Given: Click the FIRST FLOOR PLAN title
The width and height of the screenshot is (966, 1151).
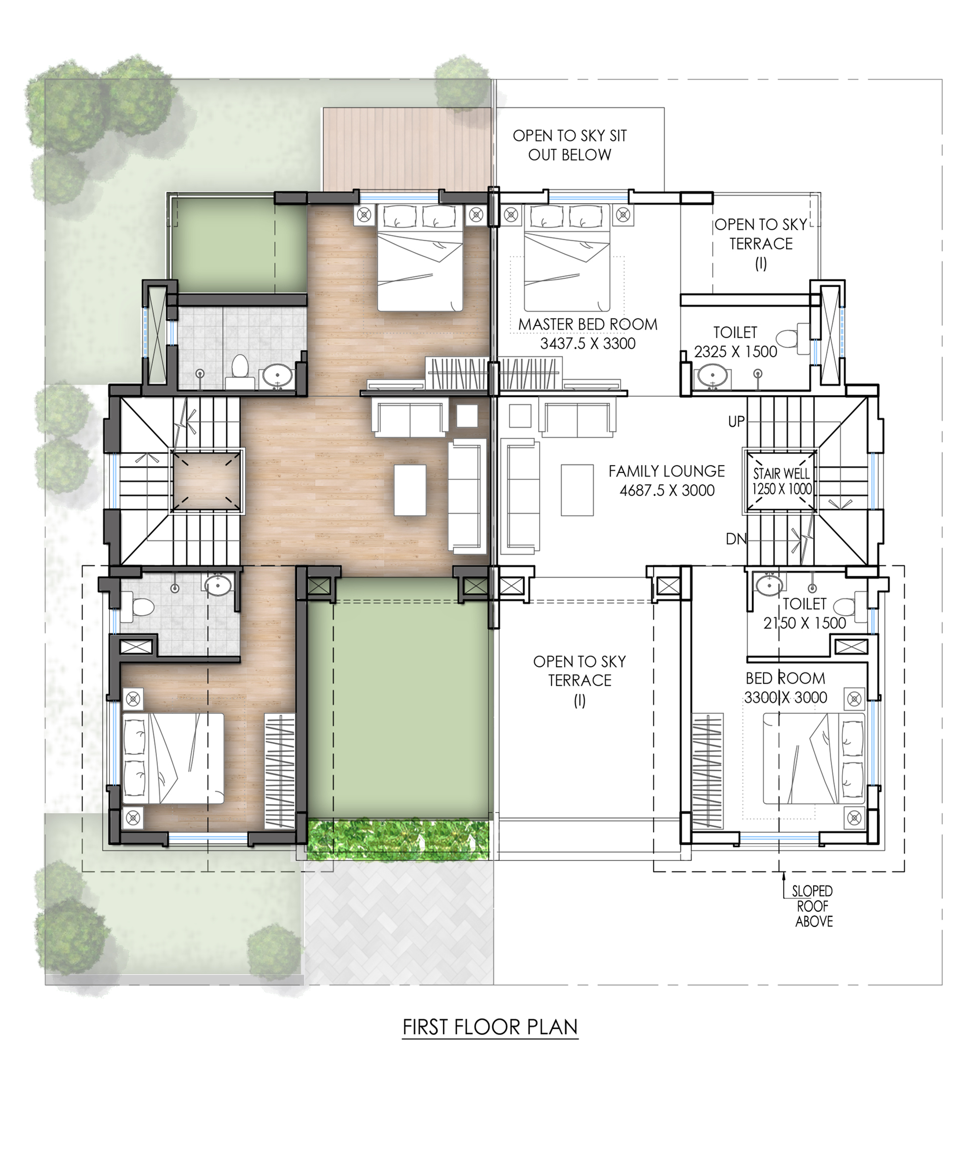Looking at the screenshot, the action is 490,1027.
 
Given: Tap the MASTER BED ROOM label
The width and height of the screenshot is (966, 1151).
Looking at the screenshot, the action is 587,325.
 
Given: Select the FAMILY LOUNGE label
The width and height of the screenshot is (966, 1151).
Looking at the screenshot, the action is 667,471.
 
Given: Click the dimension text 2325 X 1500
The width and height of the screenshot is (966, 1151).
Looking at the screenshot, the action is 736,352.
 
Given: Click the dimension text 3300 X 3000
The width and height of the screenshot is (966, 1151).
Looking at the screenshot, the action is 785,697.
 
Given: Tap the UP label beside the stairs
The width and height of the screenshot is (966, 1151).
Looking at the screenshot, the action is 736,421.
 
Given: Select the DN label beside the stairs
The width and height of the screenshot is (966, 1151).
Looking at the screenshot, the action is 736,539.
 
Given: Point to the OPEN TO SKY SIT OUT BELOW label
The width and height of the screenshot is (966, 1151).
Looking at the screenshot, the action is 569,145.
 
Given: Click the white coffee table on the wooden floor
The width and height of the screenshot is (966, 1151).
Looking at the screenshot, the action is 410,490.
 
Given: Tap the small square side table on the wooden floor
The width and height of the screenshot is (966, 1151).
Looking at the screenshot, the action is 467,415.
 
